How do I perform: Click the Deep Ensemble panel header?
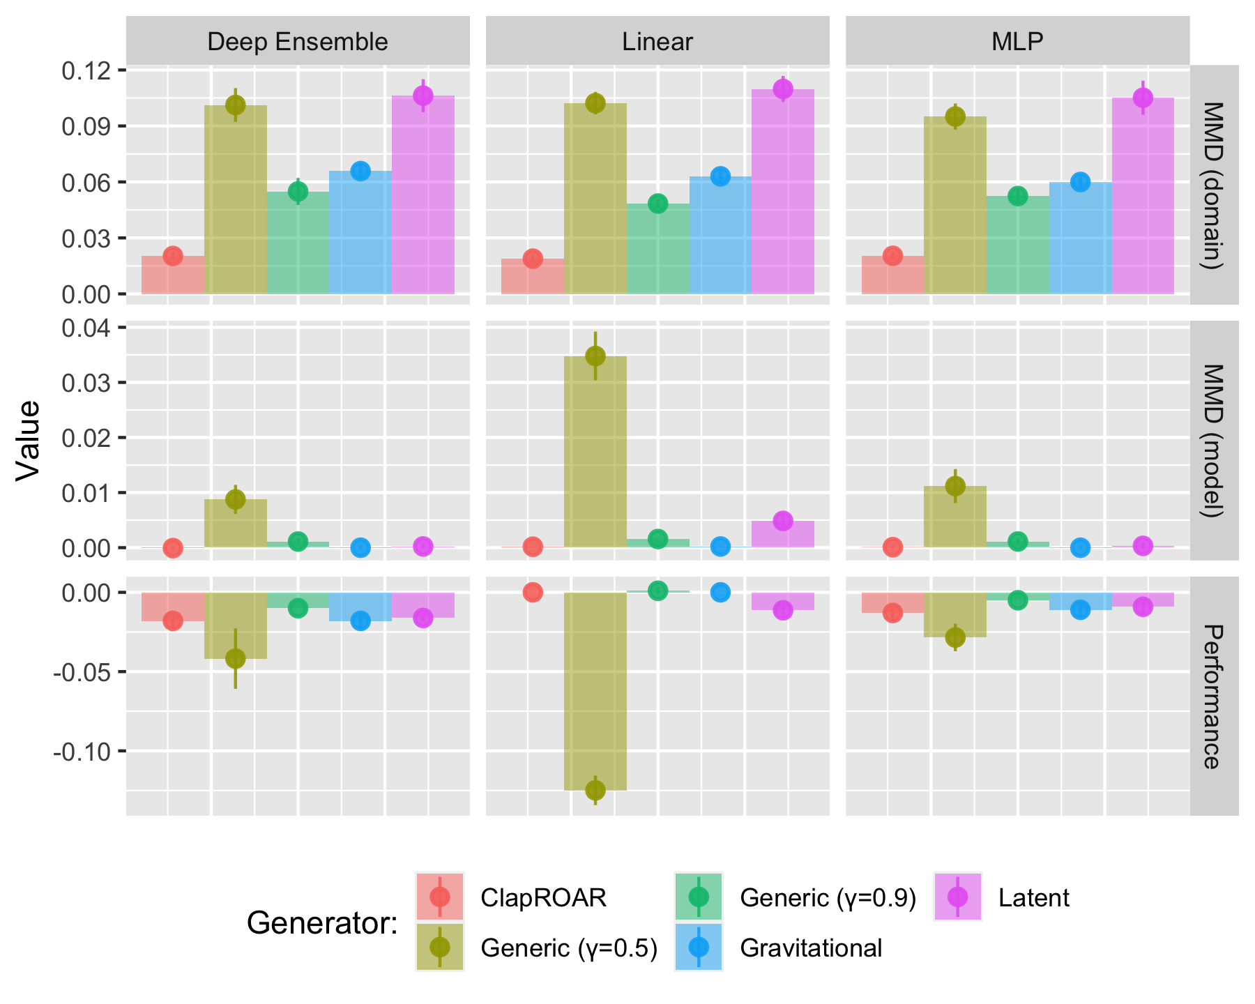coord(298,42)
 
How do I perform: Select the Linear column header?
coord(657,42)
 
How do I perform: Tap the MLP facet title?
coord(1017,42)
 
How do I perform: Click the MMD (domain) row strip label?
coord(1214,185)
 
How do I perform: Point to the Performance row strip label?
coord(1214,696)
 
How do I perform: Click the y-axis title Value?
coord(29,440)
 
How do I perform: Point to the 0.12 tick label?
coord(86,70)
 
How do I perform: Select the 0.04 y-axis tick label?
coord(86,327)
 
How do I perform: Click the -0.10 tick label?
coord(81,751)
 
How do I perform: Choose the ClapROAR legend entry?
coord(543,897)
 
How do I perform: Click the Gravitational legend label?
coord(811,948)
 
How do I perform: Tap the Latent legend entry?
coord(1033,897)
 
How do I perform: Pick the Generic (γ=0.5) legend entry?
coord(569,948)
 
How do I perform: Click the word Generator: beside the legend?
coord(322,923)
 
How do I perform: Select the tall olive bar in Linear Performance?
coord(595,690)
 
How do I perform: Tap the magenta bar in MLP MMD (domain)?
coord(1143,195)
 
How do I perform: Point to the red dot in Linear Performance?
coord(533,592)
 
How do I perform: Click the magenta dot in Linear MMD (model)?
coord(783,521)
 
